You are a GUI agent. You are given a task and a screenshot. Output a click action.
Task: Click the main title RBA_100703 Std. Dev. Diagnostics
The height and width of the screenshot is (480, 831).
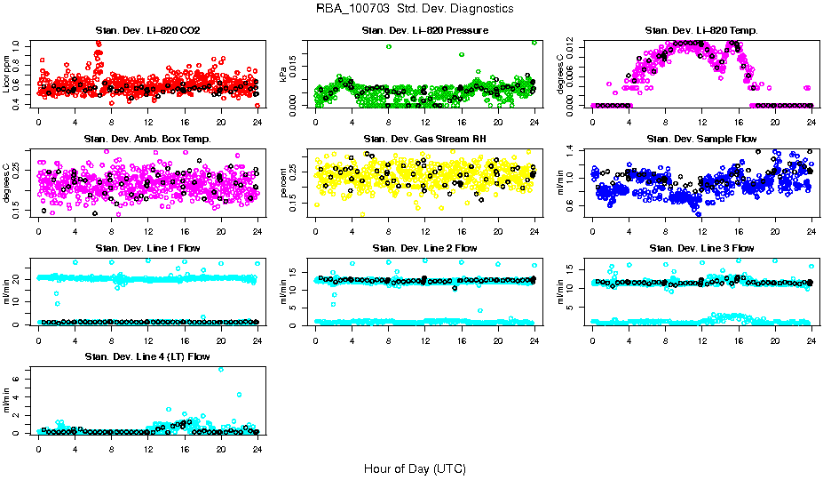(x=415, y=9)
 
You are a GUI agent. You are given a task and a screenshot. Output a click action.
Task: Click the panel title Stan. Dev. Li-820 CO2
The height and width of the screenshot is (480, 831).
(x=147, y=31)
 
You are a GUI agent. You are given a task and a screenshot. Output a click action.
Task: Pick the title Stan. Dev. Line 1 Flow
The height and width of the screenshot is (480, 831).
(x=147, y=248)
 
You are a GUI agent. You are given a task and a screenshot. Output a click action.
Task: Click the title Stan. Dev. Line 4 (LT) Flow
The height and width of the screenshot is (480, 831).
(x=147, y=356)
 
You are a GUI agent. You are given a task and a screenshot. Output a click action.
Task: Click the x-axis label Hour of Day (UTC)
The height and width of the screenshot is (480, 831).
(x=415, y=468)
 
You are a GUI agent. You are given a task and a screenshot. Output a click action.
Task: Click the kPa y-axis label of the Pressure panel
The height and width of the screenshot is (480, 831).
(x=283, y=75)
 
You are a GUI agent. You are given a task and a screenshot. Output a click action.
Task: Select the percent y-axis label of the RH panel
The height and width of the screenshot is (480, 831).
(x=283, y=182)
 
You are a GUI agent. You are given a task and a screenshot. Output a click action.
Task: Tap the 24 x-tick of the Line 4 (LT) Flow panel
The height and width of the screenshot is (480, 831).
(x=257, y=448)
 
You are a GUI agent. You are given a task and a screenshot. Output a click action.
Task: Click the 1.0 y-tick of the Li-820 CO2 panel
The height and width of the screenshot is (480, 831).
(x=18, y=44)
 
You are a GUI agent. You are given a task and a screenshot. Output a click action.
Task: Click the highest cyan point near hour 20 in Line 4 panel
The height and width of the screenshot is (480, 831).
(x=220, y=369)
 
